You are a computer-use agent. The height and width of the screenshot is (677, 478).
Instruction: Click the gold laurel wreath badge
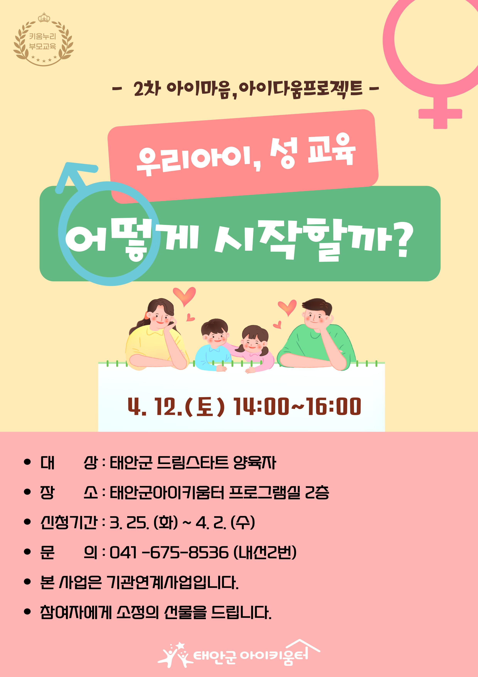click(44, 39)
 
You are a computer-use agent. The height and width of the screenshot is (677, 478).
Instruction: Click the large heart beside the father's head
click(287, 307)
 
